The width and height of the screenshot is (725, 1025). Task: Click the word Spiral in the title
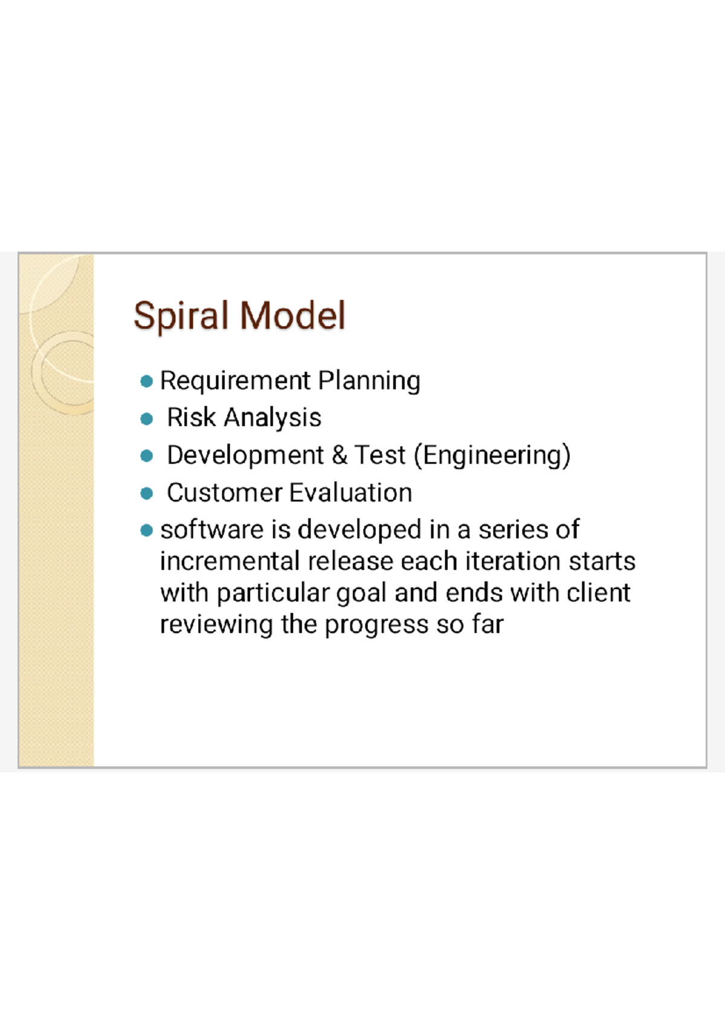coord(181,316)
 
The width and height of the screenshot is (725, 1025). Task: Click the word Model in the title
coord(292,316)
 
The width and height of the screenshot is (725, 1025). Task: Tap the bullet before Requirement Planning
coord(146,382)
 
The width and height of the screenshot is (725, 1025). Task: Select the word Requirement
coord(235,382)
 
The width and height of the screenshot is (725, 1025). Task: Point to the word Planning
coord(369,382)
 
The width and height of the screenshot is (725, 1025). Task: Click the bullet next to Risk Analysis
coord(146,419)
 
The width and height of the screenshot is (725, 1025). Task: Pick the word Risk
coord(191,418)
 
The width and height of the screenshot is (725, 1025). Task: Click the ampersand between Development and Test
coord(340,456)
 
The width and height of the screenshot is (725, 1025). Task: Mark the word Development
coord(245,456)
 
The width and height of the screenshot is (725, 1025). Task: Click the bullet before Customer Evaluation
coord(146,494)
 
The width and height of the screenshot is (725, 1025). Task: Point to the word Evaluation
coord(351,493)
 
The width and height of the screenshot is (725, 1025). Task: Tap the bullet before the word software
coord(146,531)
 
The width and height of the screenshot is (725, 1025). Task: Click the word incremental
coord(230,561)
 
